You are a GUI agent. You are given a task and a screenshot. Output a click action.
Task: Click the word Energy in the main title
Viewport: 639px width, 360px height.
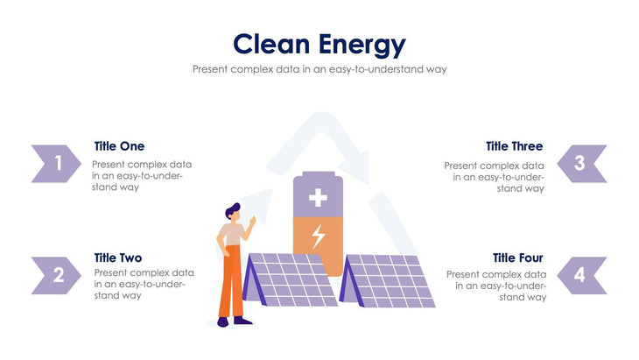[x=362, y=44]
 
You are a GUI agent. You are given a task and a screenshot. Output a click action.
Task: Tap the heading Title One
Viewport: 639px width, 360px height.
[x=119, y=146]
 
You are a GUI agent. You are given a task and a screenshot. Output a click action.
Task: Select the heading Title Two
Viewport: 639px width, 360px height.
[x=117, y=258]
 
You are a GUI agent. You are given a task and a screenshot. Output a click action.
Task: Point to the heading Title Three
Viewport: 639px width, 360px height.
[x=514, y=146]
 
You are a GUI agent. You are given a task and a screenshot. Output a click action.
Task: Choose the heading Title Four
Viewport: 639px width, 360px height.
[x=517, y=258]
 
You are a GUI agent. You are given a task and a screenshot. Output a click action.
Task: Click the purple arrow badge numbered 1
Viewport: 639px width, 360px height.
[x=55, y=163]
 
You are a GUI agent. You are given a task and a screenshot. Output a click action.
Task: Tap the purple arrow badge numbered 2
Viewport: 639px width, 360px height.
[x=55, y=275]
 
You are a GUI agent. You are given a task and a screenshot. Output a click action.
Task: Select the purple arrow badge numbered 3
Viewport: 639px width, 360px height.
[x=582, y=163]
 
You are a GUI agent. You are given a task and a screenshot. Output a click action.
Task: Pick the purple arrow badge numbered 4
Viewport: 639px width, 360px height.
[x=582, y=275]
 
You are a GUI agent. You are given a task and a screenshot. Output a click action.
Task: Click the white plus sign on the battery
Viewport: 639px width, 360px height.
[x=319, y=198]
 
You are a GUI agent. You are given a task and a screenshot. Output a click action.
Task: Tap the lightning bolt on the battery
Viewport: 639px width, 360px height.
[x=319, y=236]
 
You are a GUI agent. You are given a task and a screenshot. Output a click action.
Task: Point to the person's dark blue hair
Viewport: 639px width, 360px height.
[x=232, y=210]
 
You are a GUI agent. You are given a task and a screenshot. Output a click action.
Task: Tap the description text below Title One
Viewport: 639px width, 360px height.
[x=142, y=175]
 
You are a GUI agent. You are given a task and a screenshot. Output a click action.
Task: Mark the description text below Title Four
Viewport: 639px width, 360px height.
[x=496, y=286]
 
